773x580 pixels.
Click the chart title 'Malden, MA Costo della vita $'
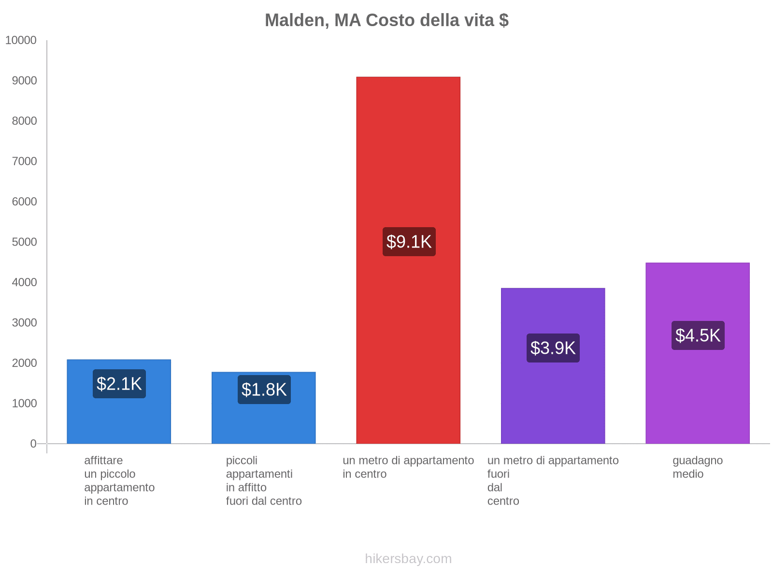[386, 20]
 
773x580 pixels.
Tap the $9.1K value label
[409, 242]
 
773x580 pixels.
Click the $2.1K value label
[119, 384]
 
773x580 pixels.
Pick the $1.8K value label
[264, 390]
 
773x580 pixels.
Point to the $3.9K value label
[553, 348]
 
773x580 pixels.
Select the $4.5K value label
[698, 335]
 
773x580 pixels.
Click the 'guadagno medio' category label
[697, 467]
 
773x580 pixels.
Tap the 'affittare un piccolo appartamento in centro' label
[119, 480]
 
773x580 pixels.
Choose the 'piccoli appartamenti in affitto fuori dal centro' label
[263, 480]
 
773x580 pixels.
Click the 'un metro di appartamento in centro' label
[408, 467]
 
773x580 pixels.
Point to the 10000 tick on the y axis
[21, 41]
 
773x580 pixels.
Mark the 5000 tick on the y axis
[24, 242]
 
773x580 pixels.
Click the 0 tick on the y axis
[33, 444]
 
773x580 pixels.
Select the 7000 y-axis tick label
[24, 161]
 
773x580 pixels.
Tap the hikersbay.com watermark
[408, 559]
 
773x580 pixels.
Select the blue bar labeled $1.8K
[264, 420]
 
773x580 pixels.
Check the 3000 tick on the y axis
[24, 323]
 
